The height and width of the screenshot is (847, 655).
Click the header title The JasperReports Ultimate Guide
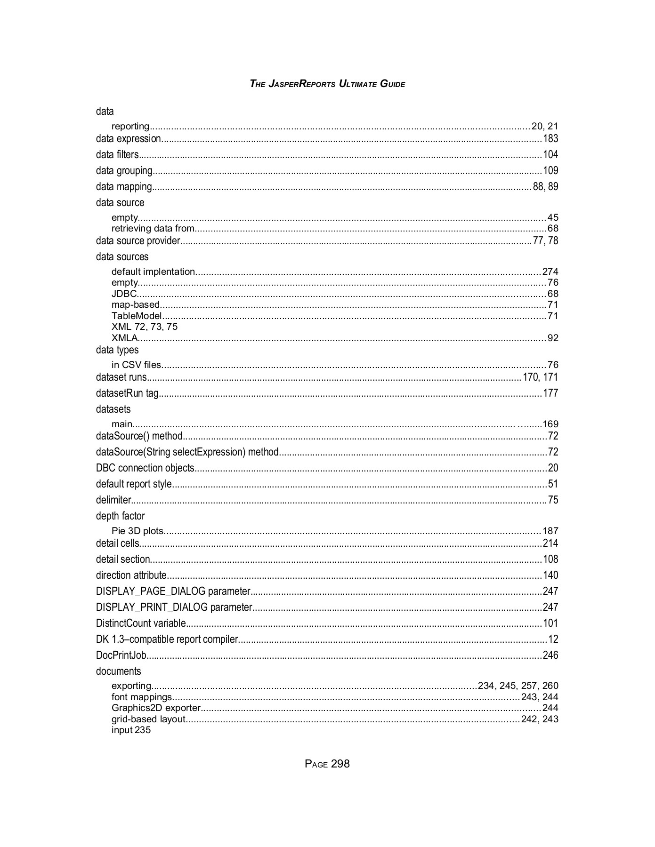(327, 84)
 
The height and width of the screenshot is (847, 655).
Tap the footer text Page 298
(327, 764)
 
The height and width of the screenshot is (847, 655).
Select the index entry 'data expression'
(129, 139)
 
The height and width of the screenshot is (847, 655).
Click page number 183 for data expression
(550, 139)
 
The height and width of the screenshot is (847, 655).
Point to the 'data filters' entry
(117, 155)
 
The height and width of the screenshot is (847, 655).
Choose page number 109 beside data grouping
(550, 171)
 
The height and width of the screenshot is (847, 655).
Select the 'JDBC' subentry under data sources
(124, 294)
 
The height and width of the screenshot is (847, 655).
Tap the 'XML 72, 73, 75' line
(145, 327)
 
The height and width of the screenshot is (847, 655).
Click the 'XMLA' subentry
(125, 338)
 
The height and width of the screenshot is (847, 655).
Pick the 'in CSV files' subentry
(137, 365)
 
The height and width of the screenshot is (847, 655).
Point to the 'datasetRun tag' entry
(127, 393)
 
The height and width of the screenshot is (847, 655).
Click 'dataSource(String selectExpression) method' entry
(187, 452)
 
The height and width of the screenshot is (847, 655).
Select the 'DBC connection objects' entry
(145, 468)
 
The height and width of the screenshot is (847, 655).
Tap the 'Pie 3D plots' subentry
(137, 531)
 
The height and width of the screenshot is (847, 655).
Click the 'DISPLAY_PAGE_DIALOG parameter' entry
(173, 591)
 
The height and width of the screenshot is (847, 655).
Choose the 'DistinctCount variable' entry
(141, 623)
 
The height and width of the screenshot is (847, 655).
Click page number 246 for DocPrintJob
(550, 655)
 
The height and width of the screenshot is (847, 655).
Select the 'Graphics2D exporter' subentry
(156, 708)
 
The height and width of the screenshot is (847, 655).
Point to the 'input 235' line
(131, 730)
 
